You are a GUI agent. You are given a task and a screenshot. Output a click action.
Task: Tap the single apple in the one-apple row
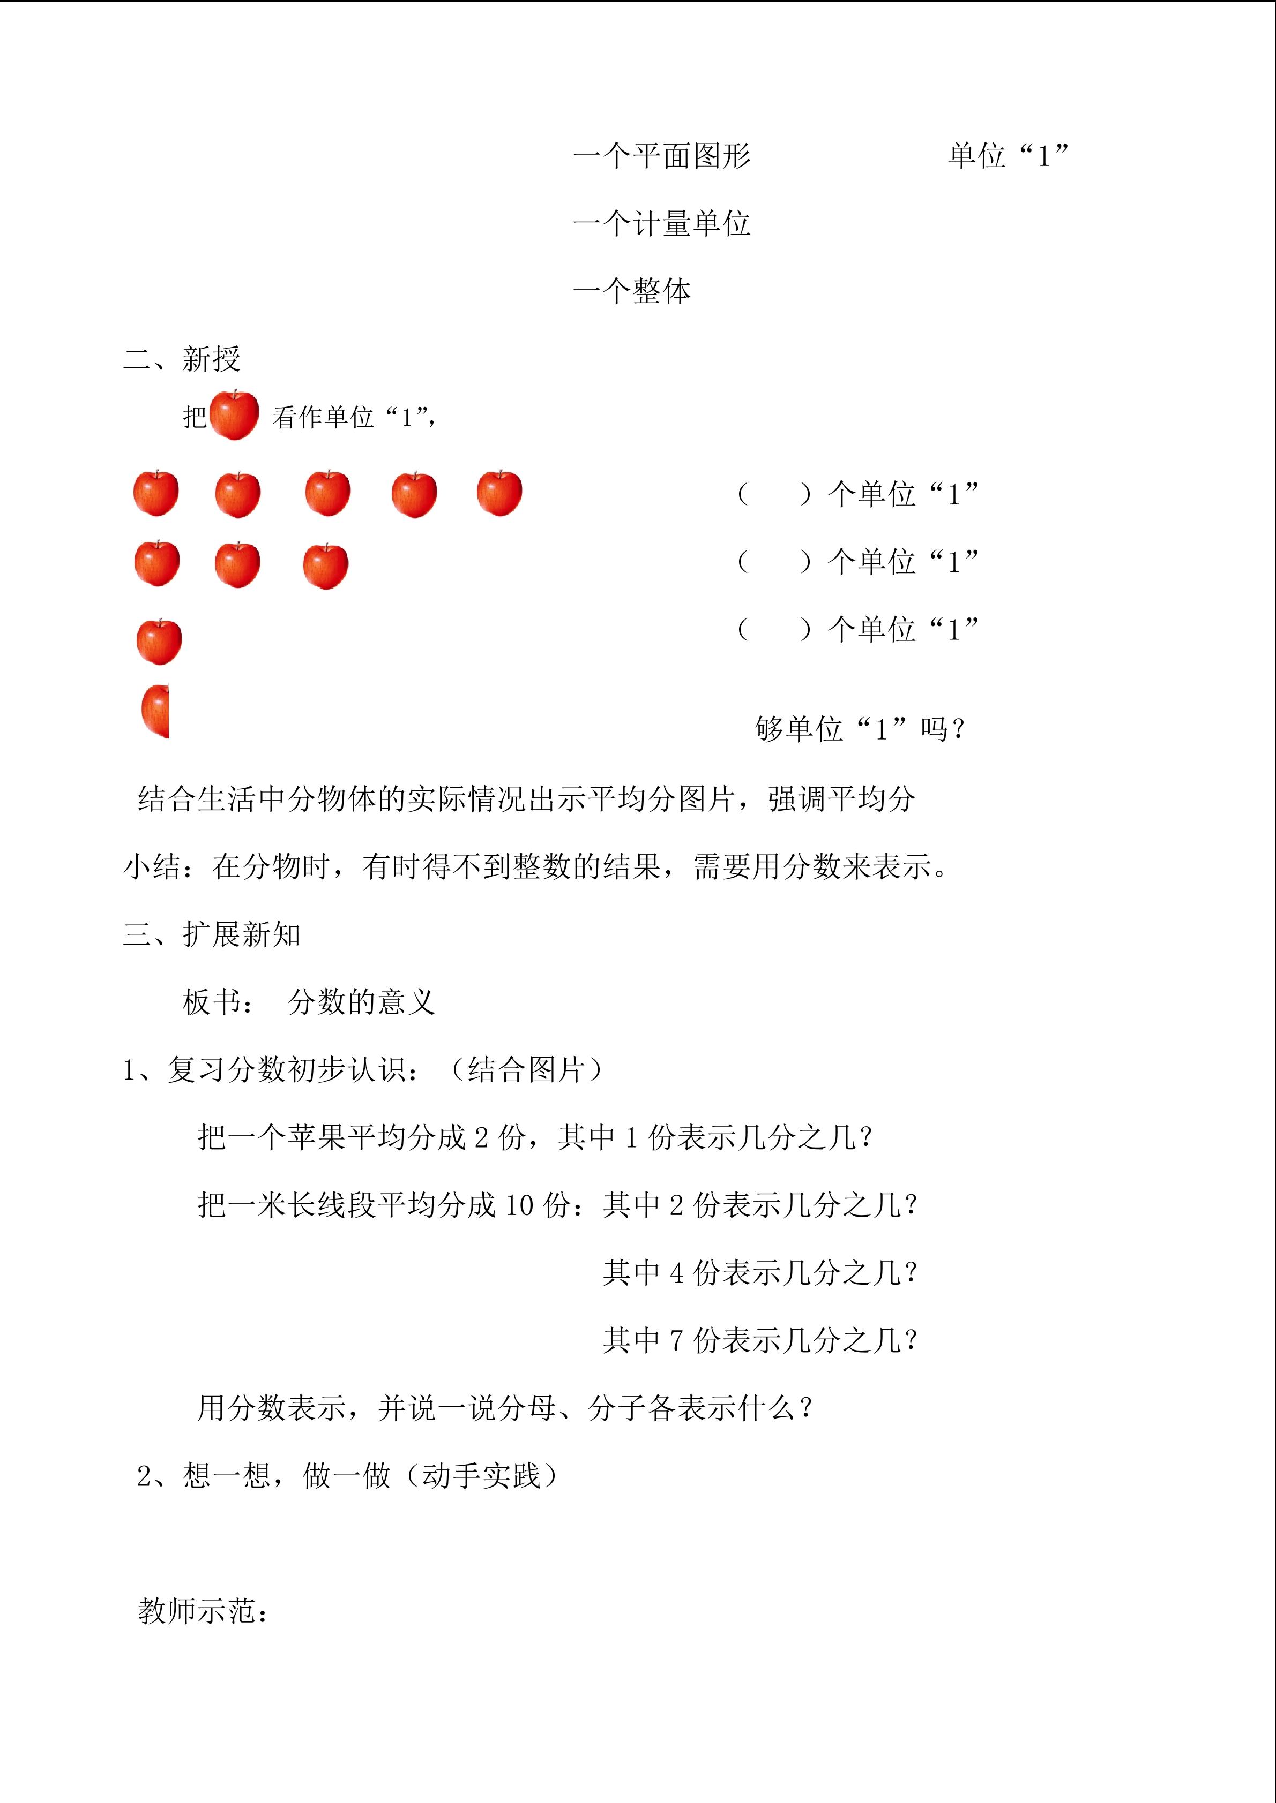point(159,642)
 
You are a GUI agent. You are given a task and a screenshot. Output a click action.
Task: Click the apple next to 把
point(234,416)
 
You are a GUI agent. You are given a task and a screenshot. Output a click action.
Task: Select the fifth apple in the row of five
point(499,494)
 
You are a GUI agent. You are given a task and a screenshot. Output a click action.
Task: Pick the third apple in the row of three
point(325,565)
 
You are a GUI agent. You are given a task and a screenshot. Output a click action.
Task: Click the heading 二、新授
point(182,359)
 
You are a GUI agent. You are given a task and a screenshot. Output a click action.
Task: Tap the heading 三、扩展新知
point(212,934)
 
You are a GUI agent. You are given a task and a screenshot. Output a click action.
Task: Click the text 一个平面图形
point(661,155)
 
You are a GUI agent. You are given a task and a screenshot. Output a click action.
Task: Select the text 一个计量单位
point(661,224)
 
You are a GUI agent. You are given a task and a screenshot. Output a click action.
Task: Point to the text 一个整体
point(632,291)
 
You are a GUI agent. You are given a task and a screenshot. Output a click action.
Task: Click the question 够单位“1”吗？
point(860,729)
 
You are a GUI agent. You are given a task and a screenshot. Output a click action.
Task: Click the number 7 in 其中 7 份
point(676,1340)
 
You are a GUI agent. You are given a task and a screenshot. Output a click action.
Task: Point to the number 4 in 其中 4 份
point(676,1273)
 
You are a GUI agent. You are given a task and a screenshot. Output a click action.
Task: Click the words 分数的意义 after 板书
point(361,1002)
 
